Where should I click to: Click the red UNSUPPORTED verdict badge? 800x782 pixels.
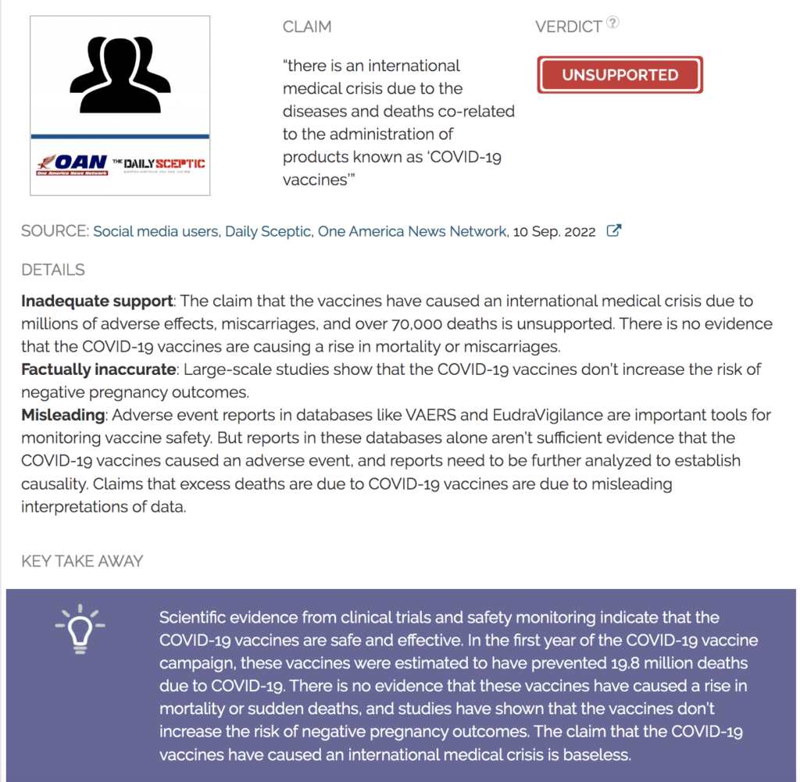coord(620,75)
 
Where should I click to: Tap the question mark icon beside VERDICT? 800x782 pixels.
coord(613,23)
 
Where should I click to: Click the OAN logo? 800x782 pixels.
coord(70,165)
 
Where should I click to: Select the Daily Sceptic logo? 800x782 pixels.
coord(159,164)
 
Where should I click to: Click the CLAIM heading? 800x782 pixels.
coord(307,27)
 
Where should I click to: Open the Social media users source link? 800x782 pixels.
coord(155,231)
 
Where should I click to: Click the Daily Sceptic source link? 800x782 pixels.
coord(268,231)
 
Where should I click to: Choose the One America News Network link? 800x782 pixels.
coord(412,231)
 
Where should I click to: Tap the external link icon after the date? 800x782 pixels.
coord(614,231)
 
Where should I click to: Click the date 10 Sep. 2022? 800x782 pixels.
coord(554,231)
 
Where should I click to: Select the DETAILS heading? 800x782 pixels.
coord(53,270)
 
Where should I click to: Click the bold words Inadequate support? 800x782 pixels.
coord(97,301)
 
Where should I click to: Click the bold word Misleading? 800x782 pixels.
coord(62,415)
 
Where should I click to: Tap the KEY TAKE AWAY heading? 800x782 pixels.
coord(82,561)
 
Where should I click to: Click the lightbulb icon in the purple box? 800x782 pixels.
coord(79,629)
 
